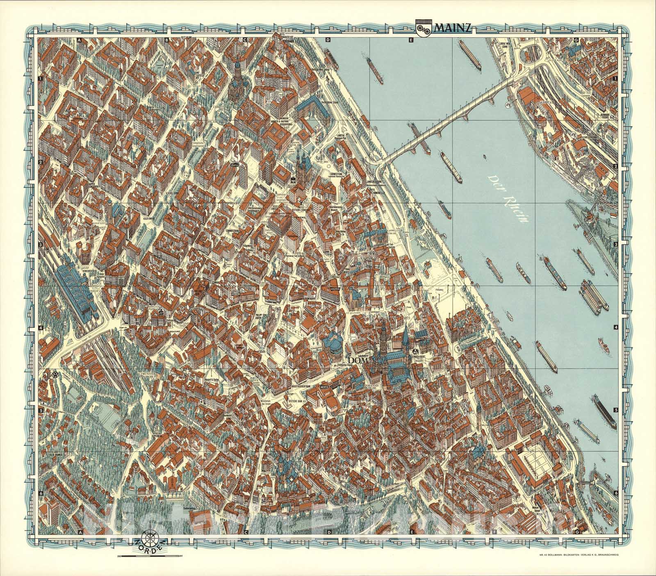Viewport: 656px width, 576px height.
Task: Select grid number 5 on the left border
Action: pos(41,410)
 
